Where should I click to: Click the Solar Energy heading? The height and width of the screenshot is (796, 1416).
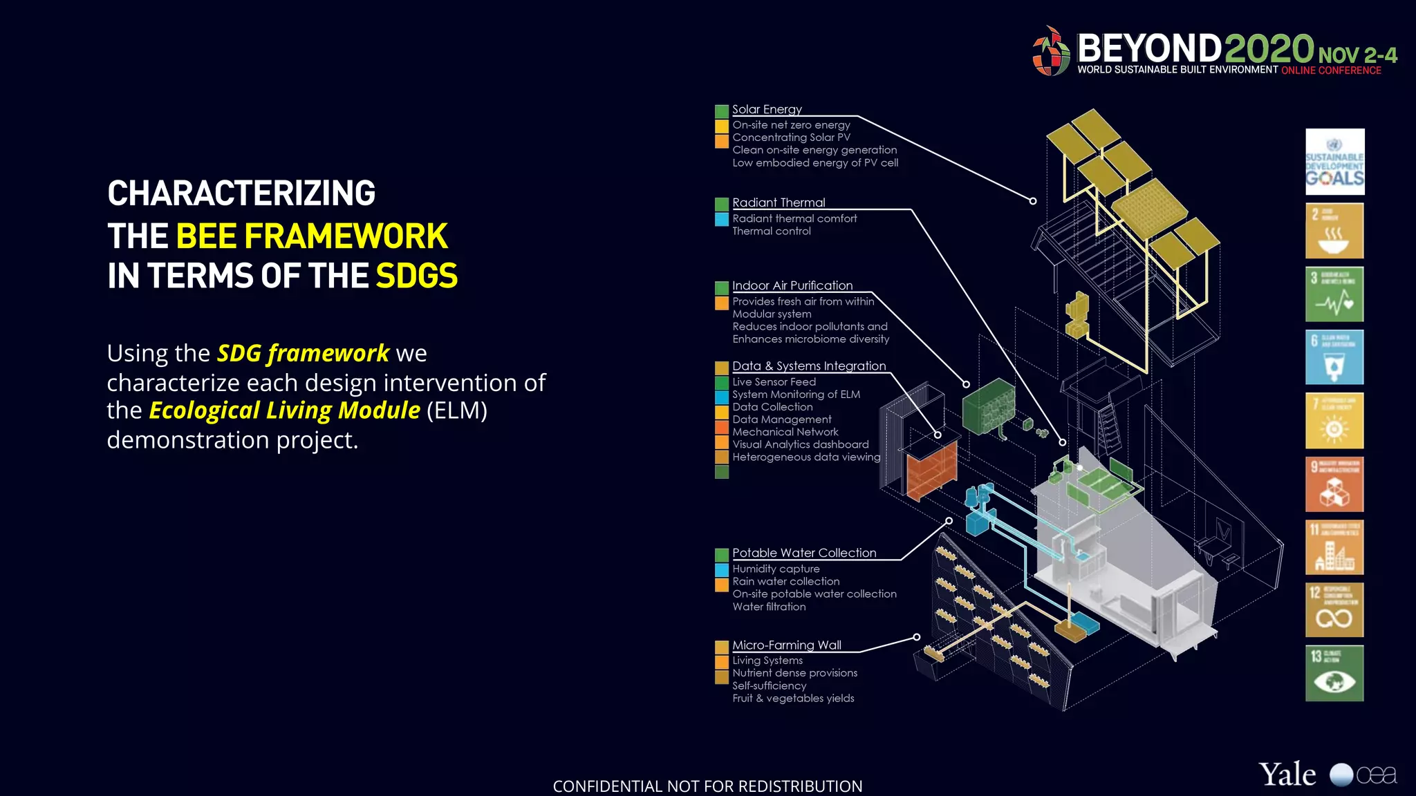point(767,109)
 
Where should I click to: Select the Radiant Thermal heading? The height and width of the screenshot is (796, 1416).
point(779,202)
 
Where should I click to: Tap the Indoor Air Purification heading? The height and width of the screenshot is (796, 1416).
point(792,285)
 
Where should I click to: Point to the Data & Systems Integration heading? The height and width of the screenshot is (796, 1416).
point(809,366)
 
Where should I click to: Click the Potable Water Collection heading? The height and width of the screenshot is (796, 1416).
point(804,553)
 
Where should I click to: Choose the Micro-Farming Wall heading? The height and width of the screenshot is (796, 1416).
point(787,645)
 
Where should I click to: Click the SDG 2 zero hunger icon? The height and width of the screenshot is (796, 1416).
point(1334,231)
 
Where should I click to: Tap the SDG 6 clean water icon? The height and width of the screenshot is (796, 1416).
point(1334,357)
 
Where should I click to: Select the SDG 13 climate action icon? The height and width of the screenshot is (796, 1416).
point(1334,673)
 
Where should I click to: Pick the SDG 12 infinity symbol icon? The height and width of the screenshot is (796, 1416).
point(1334,610)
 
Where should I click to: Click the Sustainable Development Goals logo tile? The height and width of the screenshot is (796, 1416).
point(1334,162)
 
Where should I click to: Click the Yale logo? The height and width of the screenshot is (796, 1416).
point(1287,775)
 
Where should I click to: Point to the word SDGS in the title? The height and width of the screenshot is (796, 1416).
point(416,276)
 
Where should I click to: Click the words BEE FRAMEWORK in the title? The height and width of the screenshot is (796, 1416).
point(312,236)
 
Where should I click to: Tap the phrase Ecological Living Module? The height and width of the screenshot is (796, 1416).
point(284,410)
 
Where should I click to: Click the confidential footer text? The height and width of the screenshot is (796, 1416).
point(707,786)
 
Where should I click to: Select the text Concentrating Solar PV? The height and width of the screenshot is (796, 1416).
point(791,138)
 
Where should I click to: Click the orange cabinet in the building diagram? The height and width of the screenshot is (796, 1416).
point(931,471)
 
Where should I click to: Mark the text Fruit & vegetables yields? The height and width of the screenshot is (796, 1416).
point(793,699)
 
